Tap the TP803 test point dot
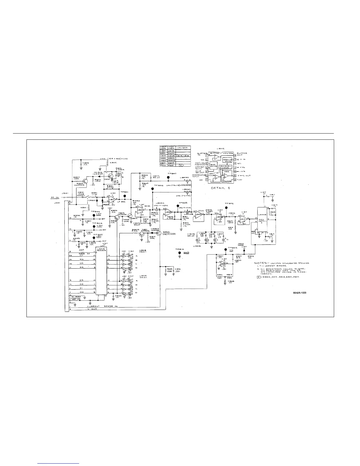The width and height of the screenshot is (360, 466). pyautogui.click(x=226, y=249)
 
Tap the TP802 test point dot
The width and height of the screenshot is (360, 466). pyautogui.click(x=226, y=207)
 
